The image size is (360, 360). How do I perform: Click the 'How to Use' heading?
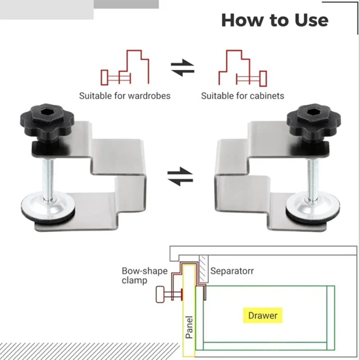click(274, 20)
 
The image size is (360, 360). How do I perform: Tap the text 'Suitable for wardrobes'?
click(125, 96)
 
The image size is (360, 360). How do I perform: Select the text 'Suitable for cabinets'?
click(243, 96)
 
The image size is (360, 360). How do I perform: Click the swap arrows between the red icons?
click(183, 68)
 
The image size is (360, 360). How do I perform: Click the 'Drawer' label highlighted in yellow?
click(263, 315)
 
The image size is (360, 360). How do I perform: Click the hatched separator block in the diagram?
click(203, 267)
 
